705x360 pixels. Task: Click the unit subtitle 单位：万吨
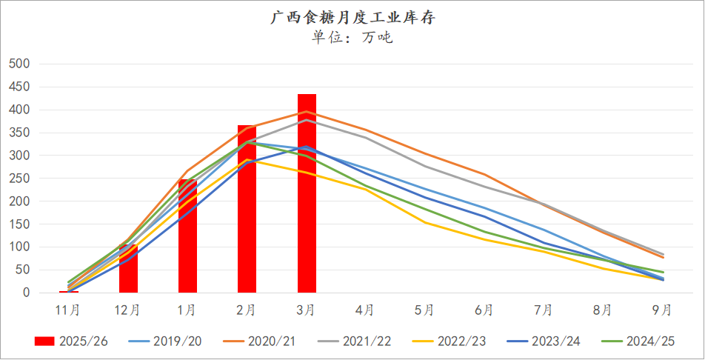point(352,37)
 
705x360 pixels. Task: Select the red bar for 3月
point(307,193)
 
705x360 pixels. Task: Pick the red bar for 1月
point(187,236)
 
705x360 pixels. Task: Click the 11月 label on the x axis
point(69,309)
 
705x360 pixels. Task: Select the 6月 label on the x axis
point(484,309)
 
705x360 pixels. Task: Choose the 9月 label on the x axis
point(663,309)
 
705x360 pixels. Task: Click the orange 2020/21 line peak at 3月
point(307,112)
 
